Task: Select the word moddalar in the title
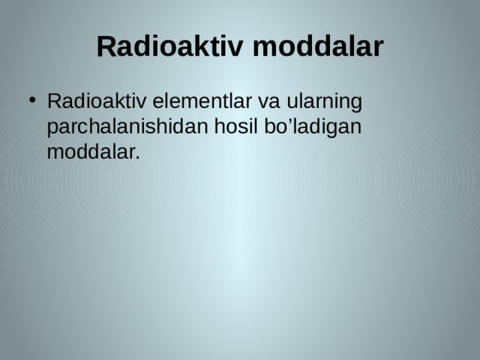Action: click(x=317, y=46)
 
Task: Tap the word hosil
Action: click(x=234, y=127)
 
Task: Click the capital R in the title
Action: click(x=106, y=46)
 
